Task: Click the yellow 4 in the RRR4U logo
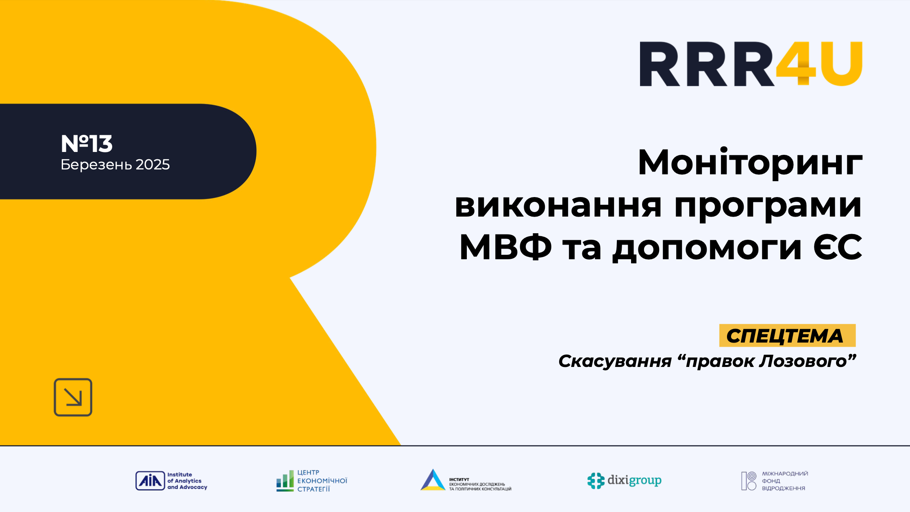pyautogui.click(x=796, y=64)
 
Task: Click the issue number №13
pyautogui.click(x=87, y=143)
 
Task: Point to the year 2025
pyautogui.click(x=152, y=165)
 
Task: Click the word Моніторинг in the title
pyautogui.click(x=750, y=163)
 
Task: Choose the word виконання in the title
pyautogui.click(x=558, y=205)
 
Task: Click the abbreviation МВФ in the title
pyautogui.click(x=505, y=247)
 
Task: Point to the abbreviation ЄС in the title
pyautogui.click(x=838, y=247)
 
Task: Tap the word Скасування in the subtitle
pyautogui.click(x=615, y=361)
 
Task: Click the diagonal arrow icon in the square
pyautogui.click(x=73, y=397)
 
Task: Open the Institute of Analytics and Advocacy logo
pyautogui.click(x=171, y=481)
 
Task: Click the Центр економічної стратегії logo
pyautogui.click(x=312, y=481)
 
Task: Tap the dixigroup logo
pyautogui.click(x=624, y=481)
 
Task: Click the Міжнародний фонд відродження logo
pyautogui.click(x=774, y=481)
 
